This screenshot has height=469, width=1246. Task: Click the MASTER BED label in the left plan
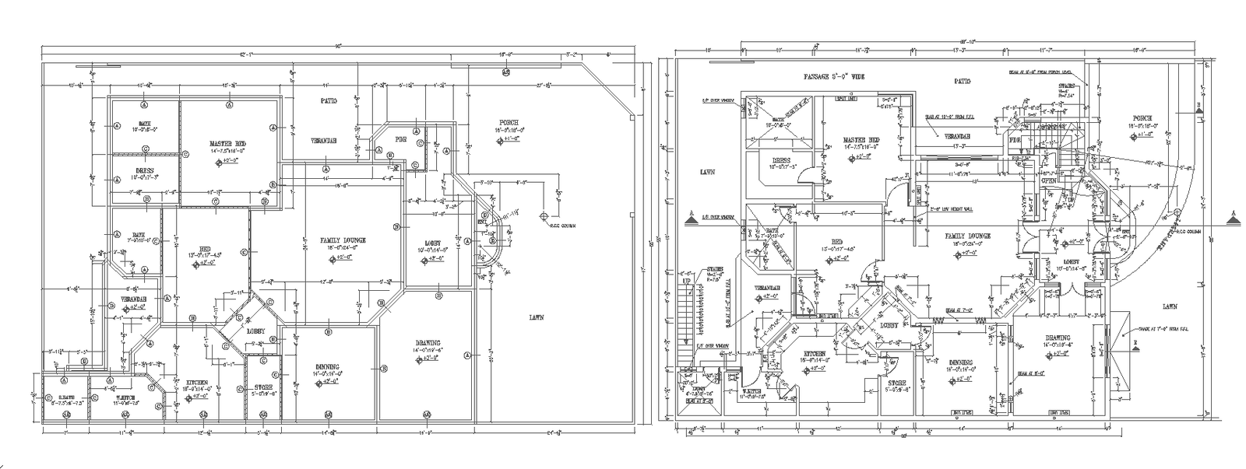227,144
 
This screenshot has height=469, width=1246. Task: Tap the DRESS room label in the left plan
145,170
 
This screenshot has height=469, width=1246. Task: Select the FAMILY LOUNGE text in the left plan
343,240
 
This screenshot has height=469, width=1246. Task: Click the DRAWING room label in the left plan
428,343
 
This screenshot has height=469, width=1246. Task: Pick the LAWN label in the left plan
536,317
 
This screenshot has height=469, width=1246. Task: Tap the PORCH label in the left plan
510,123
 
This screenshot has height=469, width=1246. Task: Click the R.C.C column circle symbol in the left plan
543,215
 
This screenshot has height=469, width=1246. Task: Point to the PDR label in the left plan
401,140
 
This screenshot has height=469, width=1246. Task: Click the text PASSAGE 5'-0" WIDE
835,77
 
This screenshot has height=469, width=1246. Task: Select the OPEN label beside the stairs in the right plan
1048,181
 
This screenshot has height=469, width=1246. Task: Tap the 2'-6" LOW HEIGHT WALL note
944,208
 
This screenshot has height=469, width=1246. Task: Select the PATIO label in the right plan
963,81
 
